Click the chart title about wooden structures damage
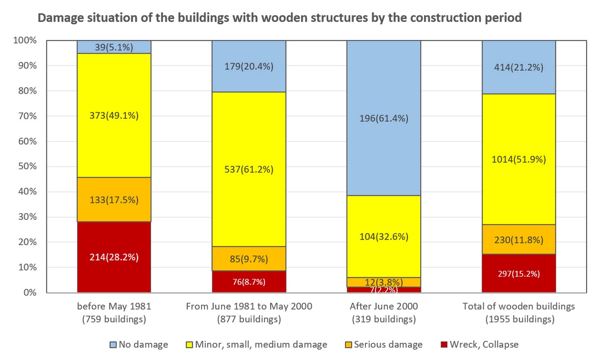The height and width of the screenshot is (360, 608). point(279,18)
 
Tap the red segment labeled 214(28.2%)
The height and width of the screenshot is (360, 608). point(114,257)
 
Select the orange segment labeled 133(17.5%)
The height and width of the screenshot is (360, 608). point(114,200)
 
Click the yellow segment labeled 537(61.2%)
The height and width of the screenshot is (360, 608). point(249,169)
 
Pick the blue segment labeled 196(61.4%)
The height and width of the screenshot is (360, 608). point(384,118)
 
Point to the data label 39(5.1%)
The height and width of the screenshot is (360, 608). point(114,47)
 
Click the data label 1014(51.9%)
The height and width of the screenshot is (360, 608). point(519,159)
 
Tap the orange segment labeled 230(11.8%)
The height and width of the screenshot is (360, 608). point(519,239)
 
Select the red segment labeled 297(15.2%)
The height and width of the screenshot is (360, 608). point(519,273)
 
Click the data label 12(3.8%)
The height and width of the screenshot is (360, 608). point(384,282)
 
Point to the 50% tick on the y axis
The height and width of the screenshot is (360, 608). point(28,166)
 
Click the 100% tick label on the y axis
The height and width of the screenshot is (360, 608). point(25,40)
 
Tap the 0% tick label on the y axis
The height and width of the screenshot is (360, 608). point(30,293)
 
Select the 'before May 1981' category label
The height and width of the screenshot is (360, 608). point(114,306)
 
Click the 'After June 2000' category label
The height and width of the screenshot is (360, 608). point(384,306)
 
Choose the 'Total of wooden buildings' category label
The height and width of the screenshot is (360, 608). point(519,306)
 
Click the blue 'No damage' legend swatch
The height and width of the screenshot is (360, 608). point(113,345)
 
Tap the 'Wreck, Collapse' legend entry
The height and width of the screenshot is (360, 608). point(480,344)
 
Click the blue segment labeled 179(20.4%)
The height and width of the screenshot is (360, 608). point(249,66)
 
